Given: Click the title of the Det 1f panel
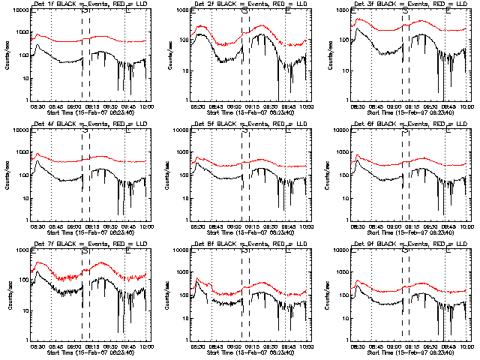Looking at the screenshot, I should point(88,4).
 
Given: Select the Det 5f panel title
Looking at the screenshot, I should point(247,124).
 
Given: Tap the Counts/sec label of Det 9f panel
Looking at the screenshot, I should point(326,293).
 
